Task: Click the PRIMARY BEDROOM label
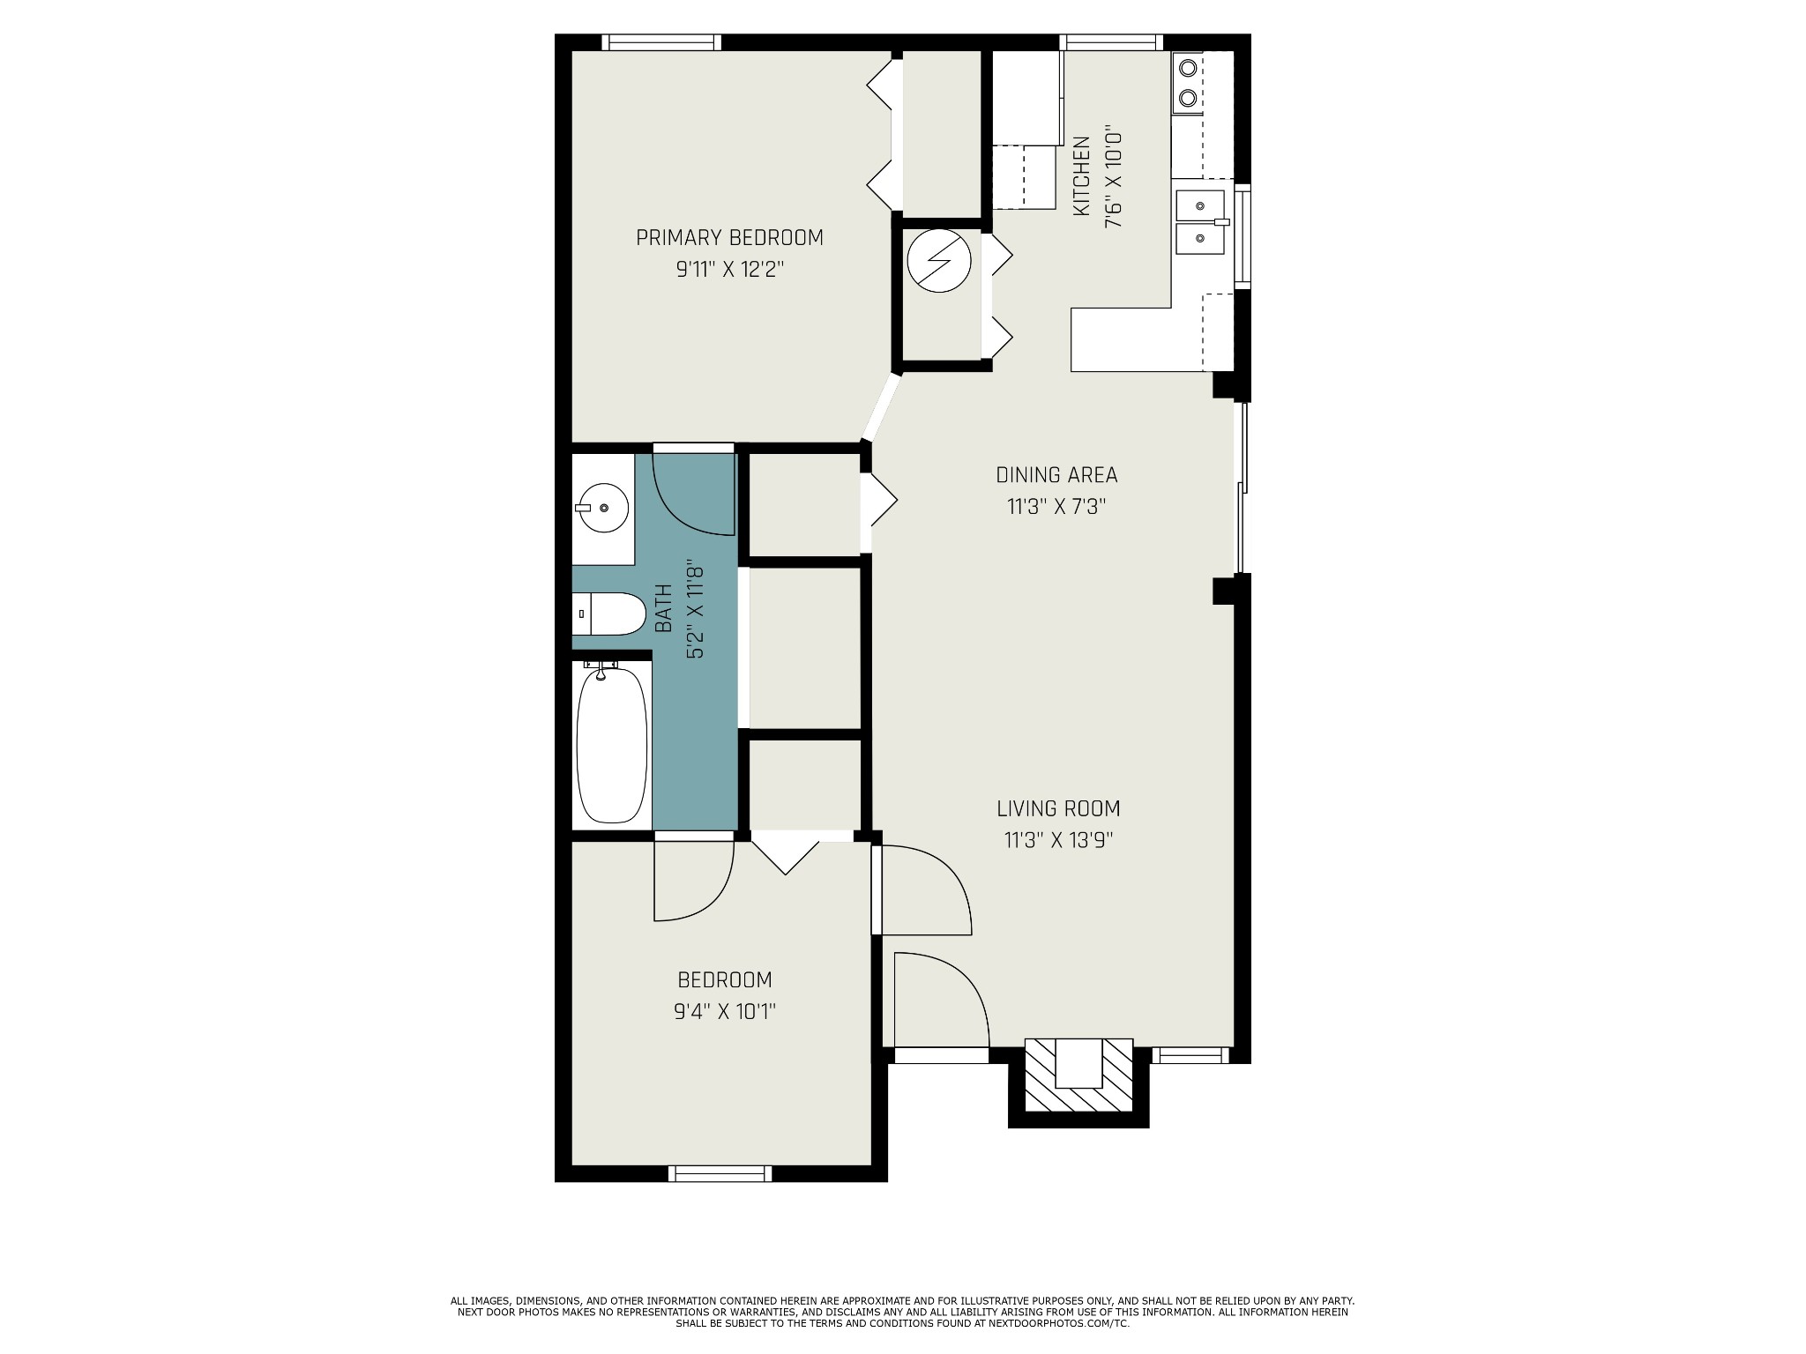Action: tap(729, 238)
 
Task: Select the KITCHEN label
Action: tap(1081, 176)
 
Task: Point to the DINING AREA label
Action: tap(1056, 475)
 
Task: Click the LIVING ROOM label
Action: tap(1058, 808)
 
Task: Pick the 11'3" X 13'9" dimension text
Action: tap(1058, 840)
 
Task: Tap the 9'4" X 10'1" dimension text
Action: tap(725, 1011)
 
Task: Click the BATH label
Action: tap(663, 608)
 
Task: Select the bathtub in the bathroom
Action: tap(612, 746)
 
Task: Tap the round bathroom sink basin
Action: tap(603, 508)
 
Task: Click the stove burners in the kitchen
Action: tap(1188, 83)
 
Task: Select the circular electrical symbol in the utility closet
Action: tap(940, 261)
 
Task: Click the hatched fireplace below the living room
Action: tap(1078, 1075)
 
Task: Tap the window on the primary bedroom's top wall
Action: tap(661, 42)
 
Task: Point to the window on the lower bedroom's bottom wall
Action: tap(720, 1173)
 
